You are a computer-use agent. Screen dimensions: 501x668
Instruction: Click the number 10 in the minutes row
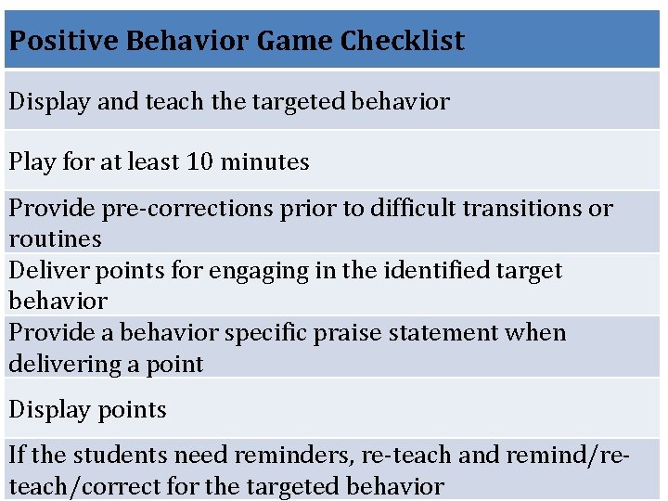[x=199, y=161]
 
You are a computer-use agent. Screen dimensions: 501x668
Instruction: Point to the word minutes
[x=264, y=161]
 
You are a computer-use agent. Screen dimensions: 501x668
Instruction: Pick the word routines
[x=55, y=239]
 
